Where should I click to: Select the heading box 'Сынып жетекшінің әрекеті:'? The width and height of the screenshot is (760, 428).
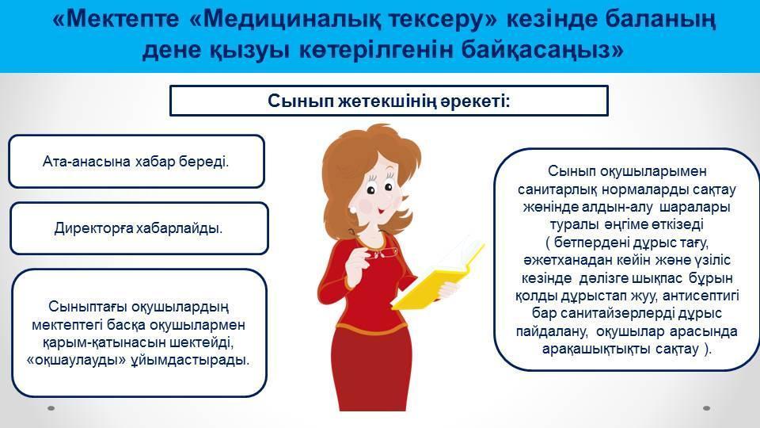[389, 101]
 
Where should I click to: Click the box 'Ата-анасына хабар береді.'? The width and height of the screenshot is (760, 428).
[136, 162]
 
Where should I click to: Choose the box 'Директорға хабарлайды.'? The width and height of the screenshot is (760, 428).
[139, 228]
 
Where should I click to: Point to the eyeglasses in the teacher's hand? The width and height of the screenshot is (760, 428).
[383, 252]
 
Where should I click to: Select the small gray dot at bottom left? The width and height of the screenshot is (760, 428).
[51, 408]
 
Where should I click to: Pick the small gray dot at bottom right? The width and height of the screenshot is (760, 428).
[706, 408]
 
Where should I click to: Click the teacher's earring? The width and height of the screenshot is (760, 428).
[353, 209]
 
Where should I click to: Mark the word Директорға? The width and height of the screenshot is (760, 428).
[94, 228]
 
